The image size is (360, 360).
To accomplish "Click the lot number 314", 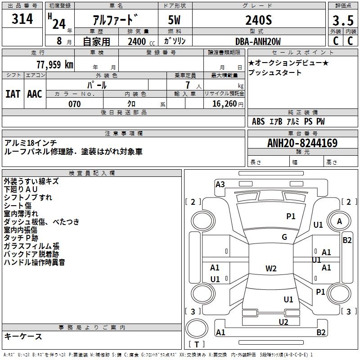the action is pos(22,19).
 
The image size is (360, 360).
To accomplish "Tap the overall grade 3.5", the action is pos(343,20).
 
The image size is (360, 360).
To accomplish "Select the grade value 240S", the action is pos(258,20).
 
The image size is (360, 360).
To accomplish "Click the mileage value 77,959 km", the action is pos(55,64).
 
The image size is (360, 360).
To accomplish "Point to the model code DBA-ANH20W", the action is pos(258,41).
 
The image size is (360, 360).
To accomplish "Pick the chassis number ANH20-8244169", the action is pos(302,143).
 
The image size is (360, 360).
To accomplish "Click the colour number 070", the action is pos(74,104).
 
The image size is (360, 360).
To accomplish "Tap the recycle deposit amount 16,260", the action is pos(225,104).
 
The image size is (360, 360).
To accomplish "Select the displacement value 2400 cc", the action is pos(141,42).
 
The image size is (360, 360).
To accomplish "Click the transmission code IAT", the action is pos(13,94).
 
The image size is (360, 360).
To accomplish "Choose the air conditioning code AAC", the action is pos(35,94).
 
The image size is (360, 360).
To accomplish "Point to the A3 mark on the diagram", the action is pos(220,184).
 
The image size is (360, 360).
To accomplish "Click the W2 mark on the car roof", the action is pos(271,268).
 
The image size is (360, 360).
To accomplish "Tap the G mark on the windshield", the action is pos(284,237).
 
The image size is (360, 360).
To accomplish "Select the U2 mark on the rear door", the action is pos(283,322).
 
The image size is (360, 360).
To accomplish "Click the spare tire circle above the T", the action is pos(197,328).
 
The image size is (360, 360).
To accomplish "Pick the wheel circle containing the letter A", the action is pos(339,221).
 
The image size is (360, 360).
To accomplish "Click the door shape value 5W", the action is pos(174,20).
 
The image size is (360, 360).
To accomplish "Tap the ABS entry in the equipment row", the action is pos(258,121).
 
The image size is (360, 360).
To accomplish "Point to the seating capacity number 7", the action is pos(188,85).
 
